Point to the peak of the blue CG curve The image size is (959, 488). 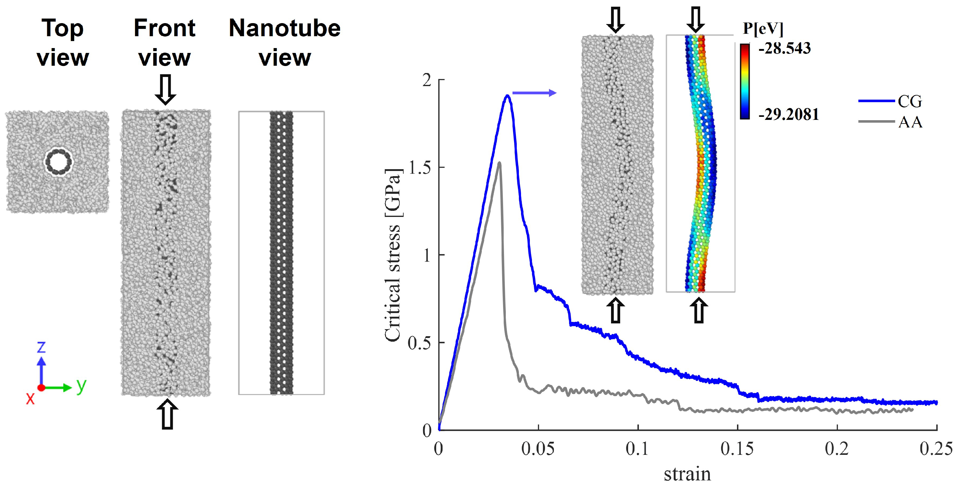click(507, 96)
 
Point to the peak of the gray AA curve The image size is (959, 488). click(499, 163)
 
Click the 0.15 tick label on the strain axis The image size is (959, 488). click(737, 448)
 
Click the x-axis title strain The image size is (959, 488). click(687, 474)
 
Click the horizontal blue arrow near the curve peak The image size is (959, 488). click(534, 93)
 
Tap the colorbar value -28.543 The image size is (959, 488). click(784, 48)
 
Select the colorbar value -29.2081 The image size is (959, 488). click(788, 114)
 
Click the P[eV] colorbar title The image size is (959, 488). click(763, 28)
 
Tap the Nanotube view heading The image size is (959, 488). click(284, 43)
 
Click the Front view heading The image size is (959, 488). click(164, 43)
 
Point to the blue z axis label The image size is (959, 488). click(41, 347)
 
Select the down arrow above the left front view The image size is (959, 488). click(165, 89)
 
